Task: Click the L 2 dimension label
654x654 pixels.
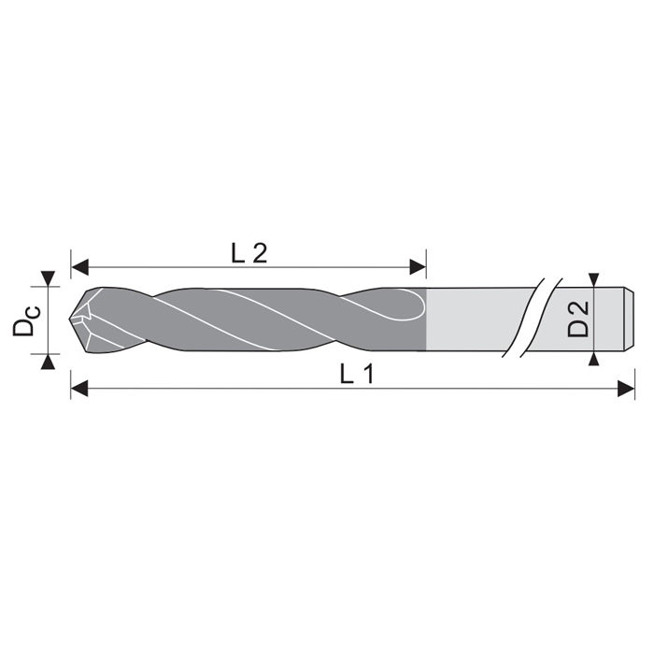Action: (249, 253)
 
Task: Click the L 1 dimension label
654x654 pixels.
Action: (358, 374)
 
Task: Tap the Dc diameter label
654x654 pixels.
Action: (27, 320)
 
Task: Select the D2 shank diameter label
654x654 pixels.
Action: (577, 320)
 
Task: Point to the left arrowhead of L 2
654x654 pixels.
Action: (80, 267)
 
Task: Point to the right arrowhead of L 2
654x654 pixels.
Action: (418, 267)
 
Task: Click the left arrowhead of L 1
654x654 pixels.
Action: (79, 389)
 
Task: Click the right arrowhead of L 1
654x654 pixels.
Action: (626, 389)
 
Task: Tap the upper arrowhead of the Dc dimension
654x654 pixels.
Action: (49, 278)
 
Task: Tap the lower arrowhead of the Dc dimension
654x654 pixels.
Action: (49, 362)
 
